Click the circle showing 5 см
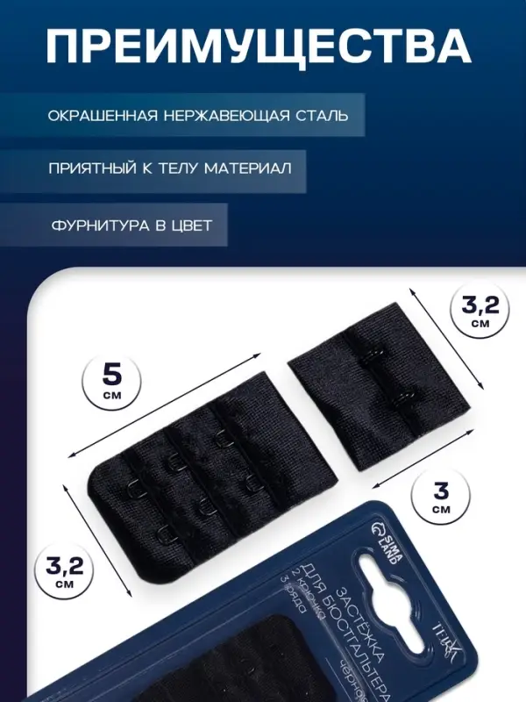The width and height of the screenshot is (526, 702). [112, 383]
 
